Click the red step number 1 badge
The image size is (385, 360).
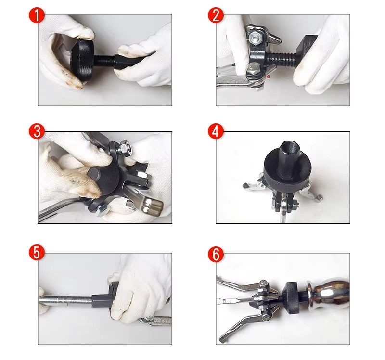[37, 15]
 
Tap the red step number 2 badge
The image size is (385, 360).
[216, 15]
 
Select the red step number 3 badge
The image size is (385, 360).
[37, 131]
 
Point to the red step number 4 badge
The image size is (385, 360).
[216, 131]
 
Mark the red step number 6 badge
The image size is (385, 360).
[216, 255]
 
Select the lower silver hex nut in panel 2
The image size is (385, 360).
[254, 70]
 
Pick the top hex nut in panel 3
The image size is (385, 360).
[124, 148]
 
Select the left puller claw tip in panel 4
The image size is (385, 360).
[246, 185]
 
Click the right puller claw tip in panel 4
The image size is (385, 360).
[319, 197]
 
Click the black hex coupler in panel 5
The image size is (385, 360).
[102, 300]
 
